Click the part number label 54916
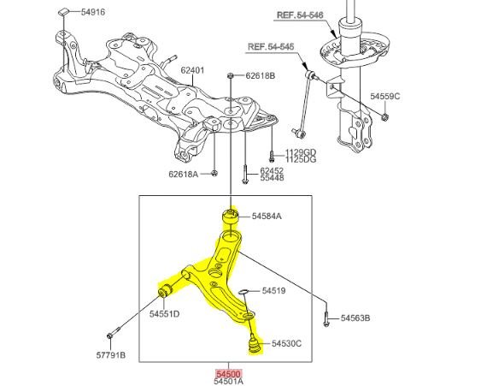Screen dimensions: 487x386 (93, 12)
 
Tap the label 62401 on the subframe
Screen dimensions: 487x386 (192, 70)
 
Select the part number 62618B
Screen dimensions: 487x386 (261, 75)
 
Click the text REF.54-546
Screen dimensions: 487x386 (300, 15)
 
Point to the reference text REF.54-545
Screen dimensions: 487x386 (271, 47)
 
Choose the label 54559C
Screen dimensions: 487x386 (385, 97)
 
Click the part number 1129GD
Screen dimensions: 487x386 (301, 152)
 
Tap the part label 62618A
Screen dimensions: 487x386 (183, 174)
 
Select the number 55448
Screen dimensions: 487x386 (272, 178)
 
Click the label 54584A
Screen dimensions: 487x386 (267, 216)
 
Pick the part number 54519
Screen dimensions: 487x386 (274, 291)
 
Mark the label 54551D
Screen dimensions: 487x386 (165, 314)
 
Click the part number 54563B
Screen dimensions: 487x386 (355, 318)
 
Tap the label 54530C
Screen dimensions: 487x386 (287, 343)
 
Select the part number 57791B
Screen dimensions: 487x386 (111, 355)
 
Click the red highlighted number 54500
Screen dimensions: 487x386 (229, 374)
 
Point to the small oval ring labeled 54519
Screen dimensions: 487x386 (243, 292)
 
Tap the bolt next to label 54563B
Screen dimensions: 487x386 (326, 318)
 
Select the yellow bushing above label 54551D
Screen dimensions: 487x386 (165, 290)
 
